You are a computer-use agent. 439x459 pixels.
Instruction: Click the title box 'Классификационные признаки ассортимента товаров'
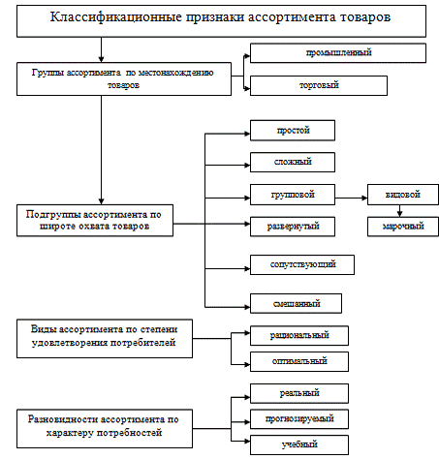click(221, 21)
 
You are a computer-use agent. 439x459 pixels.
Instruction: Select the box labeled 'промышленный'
click(338, 53)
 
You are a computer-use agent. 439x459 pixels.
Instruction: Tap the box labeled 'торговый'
click(319, 85)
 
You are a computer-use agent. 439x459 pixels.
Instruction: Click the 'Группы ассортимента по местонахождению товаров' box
click(124, 79)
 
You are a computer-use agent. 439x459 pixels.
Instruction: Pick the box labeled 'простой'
click(293, 131)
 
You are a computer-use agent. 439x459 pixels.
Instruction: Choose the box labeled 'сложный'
click(293, 162)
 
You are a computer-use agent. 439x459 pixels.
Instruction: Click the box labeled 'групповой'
click(293, 195)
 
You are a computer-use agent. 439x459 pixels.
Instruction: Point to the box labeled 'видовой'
click(403, 195)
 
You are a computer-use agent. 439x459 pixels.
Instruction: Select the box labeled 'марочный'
click(403, 227)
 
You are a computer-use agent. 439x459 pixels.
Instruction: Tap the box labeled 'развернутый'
click(293, 227)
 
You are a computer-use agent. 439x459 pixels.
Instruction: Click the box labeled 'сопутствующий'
click(302, 264)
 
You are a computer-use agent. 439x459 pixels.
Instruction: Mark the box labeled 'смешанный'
click(296, 303)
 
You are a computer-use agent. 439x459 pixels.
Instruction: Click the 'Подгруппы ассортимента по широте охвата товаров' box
click(95, 221)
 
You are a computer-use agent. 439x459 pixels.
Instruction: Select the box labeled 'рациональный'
click(299, 336)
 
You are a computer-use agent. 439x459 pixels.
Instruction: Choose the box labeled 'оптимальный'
click(299, 361)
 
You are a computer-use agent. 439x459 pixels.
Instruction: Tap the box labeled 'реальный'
click(299, 393)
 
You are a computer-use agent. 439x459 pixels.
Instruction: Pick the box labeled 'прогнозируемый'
click(299, 419)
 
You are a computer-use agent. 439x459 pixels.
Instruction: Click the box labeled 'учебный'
click(299, 444)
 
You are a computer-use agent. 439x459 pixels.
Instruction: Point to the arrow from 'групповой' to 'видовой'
click(351, 198)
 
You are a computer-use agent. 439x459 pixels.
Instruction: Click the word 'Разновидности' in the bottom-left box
click(63, 419)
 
